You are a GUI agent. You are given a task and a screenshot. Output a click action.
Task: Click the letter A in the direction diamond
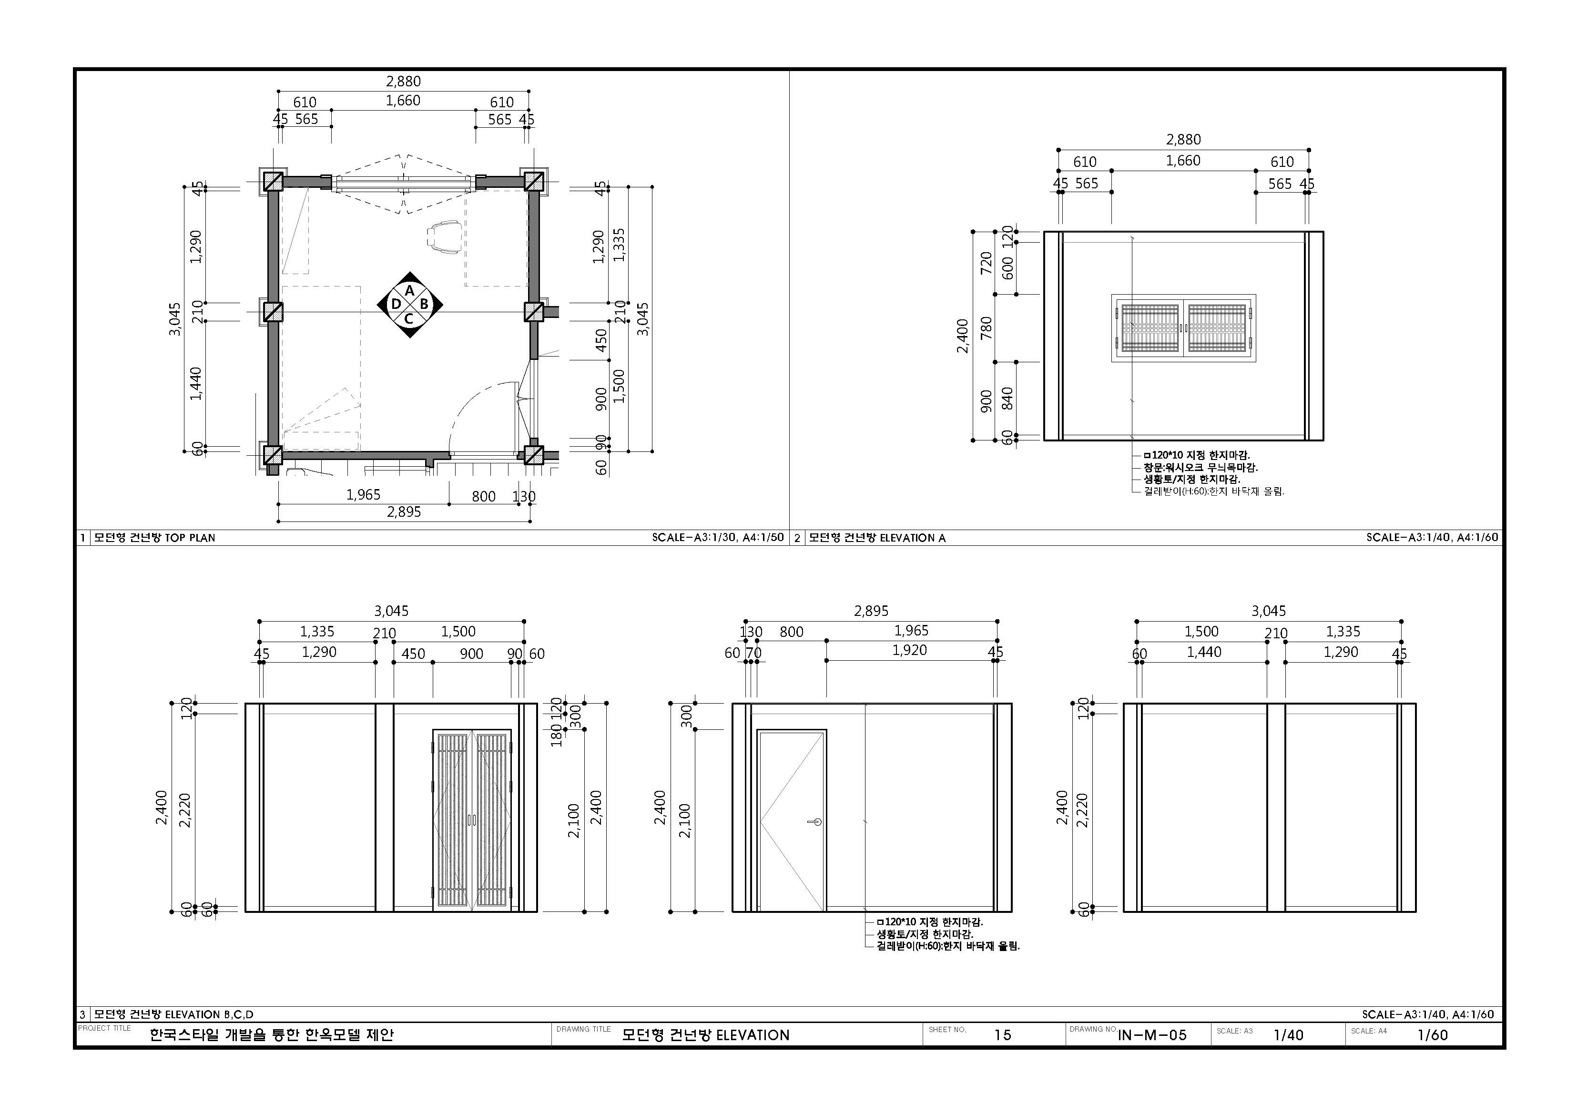coord(409,291)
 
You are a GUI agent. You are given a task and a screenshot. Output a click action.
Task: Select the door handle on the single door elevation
coord(816,822)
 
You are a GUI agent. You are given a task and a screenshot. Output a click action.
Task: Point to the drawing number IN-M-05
coord(1152,1035)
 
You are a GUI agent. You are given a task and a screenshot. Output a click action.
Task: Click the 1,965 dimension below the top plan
coord(363,495)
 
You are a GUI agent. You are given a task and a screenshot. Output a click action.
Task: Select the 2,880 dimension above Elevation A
coord(1183,140)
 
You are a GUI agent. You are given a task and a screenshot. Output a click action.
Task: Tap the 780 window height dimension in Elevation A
coord(987,327)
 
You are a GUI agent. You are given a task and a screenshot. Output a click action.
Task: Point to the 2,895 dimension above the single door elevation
coord(871,611)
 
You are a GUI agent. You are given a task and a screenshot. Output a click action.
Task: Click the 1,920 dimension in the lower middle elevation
coord(909,650)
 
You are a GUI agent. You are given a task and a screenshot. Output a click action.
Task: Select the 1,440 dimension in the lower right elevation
coord(1204,652)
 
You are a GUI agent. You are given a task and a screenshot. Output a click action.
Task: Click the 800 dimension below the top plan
coord(484,496)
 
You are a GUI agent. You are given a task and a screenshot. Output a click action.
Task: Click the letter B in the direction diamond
coord(424,304)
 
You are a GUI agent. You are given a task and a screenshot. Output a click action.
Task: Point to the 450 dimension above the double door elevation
coord(414,654)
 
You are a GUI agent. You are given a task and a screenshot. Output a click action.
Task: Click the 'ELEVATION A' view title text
coord(912,538)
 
